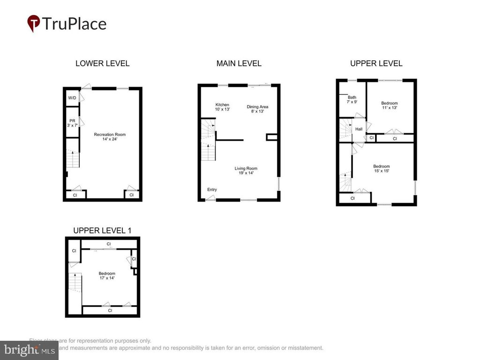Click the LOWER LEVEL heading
pyautogui.click(x=102, y=63)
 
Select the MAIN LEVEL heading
pyautogui.click(x=239, y=63)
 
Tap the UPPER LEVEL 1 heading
pyautogui.click(x=102, y=230)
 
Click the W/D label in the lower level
pyautogui.click(x=72, y=98)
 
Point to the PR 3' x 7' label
pyautogui.click(x=72, y=123)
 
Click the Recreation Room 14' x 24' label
pyautogui.click(x=110, y=137)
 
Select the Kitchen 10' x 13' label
pyautogui.click(x=222, y=107)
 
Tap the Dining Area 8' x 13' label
pyautogui.click(x=257, y=109)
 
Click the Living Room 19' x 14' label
pyautogui.click(x=246, y=171)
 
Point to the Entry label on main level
pyautogui.click(x=212, y=189)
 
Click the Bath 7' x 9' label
pyautogui.click(x=352, y=99)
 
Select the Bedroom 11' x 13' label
pyautogui.click(x=389, y=105)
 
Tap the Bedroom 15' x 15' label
pyautogui.click(x=381, y=168)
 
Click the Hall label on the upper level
pyautogui.click(x=359, y=129)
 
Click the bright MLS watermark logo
pyautogui.click(x=29, y=350)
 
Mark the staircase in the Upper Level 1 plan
pyautogui.click(x=75, y=282)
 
